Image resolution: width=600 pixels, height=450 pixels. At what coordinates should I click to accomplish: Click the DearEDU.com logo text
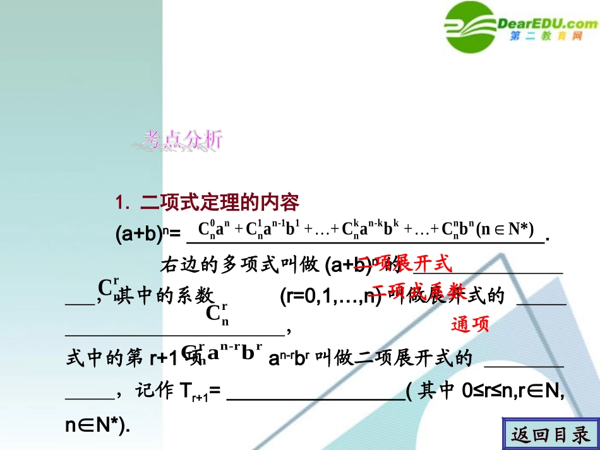click(548, 23)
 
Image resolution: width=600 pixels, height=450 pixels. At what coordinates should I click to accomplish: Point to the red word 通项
click(471, 324)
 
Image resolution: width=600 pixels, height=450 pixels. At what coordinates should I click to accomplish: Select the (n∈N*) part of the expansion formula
click(506, 228)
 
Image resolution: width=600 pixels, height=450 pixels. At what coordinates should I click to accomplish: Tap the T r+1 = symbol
click(196, 393)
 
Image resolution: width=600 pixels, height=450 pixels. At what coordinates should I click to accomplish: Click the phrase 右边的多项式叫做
click(240, 265)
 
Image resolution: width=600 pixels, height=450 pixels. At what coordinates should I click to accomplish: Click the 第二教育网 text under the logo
click(545, 37)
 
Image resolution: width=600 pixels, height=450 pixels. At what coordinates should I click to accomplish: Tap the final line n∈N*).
click(98, 425)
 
